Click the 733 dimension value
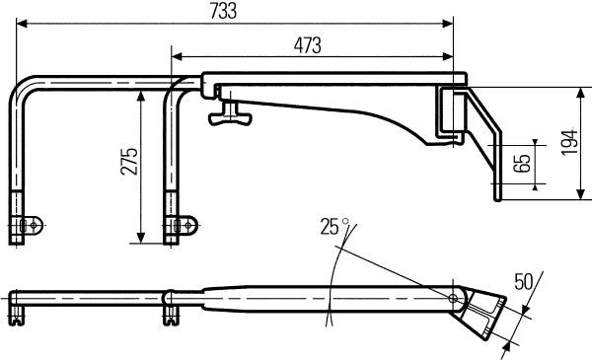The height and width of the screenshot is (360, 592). (224, 11)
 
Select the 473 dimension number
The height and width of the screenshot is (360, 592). (307, 45)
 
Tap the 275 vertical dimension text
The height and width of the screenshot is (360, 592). (129, 162)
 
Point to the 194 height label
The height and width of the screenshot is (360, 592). (569, 142)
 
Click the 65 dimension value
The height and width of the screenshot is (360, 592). (523, 164)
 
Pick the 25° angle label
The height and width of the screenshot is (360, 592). (333, 227)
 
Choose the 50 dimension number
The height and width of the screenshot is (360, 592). (523, 282)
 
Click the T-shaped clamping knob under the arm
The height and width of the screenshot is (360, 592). (230, 114)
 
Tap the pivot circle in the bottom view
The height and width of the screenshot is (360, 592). (453, 299)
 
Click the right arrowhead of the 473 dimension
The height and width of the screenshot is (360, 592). (448, 57)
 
